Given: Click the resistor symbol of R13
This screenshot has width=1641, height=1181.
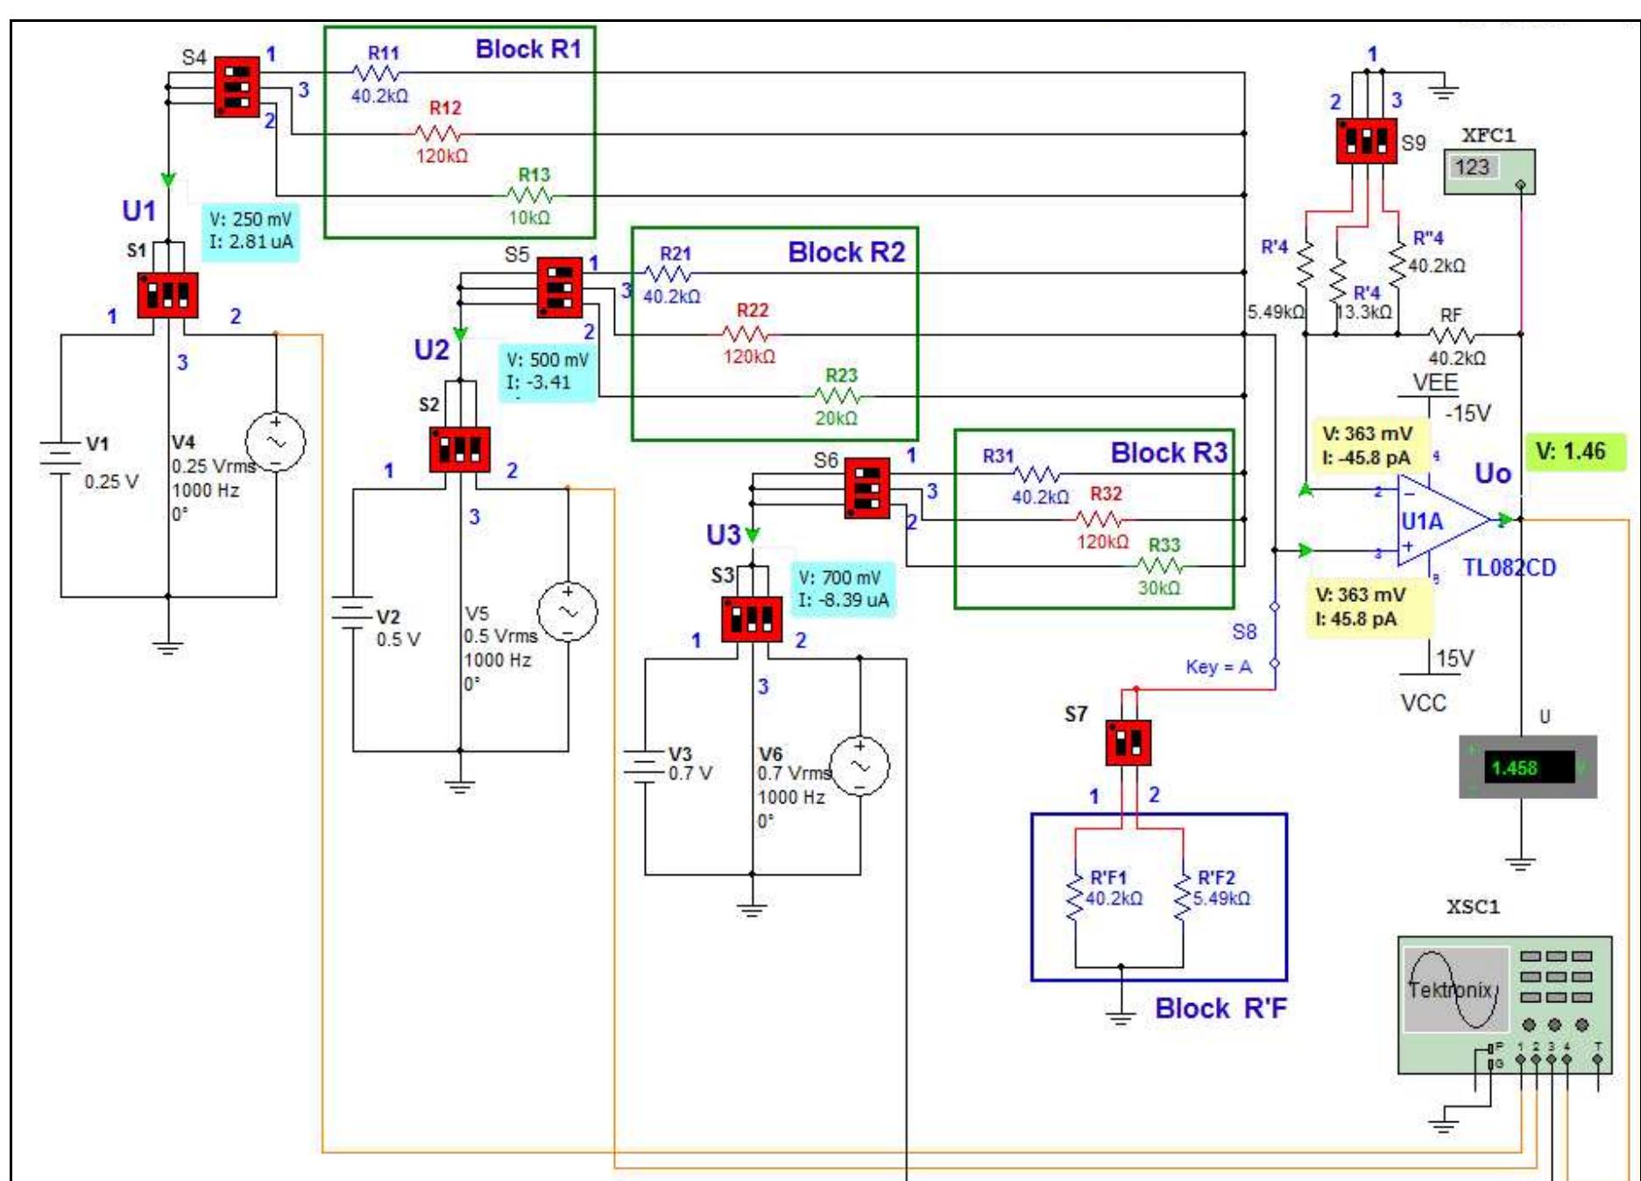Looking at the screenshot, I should pyautogui.click(x=530, y=195).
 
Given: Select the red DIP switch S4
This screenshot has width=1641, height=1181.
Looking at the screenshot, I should pyautogui.click(x=237, y=87).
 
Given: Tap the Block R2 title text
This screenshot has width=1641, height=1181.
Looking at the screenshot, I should pyautogui.click(x=845, y=252).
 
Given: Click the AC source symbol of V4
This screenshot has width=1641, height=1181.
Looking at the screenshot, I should pyautogui.click(x=275, y=442).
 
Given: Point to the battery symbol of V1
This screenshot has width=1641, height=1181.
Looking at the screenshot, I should pyautogui.click(x=60, y=456).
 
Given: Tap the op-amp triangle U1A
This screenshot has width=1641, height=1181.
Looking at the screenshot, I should pyautogui.click(x=1437, y=521).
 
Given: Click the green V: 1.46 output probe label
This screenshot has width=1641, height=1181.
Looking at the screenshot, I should pyautogui.click(x=1573, y=452).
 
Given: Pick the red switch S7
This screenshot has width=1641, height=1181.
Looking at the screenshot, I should pyautogui.click(x=1128, y=743).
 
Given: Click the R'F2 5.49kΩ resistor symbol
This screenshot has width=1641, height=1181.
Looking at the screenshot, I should pyautogui.click(x=1183, y=896).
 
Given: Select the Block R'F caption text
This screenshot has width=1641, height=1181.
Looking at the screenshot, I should pyautogui.click(x=1220, y=1008).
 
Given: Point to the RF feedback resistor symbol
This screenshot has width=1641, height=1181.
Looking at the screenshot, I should pyautogui.click(x=1451, y=335).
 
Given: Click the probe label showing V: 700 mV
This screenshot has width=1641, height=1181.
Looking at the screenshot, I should pyautogui.click(x=842, y=589).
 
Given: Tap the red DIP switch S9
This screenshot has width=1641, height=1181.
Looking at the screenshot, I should pyautogui.click(x=1366, y=141).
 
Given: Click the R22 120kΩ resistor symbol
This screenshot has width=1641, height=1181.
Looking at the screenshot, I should pyautogui.click(x=746, y=334).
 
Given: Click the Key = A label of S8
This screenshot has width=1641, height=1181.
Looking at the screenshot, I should pyautogui.click(x=1218, y=667).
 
